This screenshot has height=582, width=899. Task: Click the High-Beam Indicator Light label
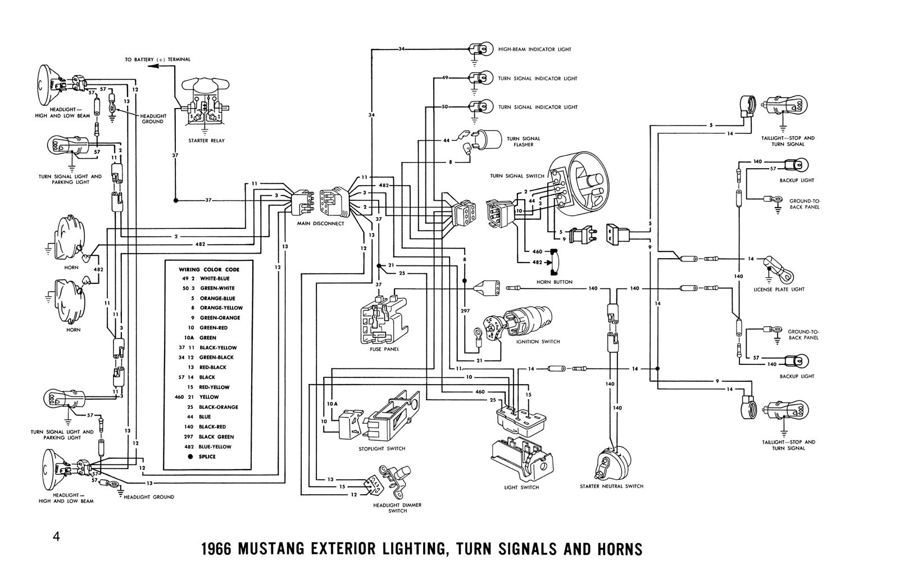tap(534, 49)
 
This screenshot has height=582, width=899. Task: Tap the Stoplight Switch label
tap(382, 449)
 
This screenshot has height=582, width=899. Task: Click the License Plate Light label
tap(787, 289)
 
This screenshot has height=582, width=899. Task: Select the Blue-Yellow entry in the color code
tap(215, 446)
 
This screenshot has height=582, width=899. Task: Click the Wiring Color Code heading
tap(209, 269)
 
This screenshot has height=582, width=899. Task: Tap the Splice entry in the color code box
tap(207, 457)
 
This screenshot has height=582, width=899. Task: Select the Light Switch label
tap(521, 487)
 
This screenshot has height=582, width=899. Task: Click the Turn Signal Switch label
tap(516, 176)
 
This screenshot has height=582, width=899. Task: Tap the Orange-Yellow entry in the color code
tap(221, 308)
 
